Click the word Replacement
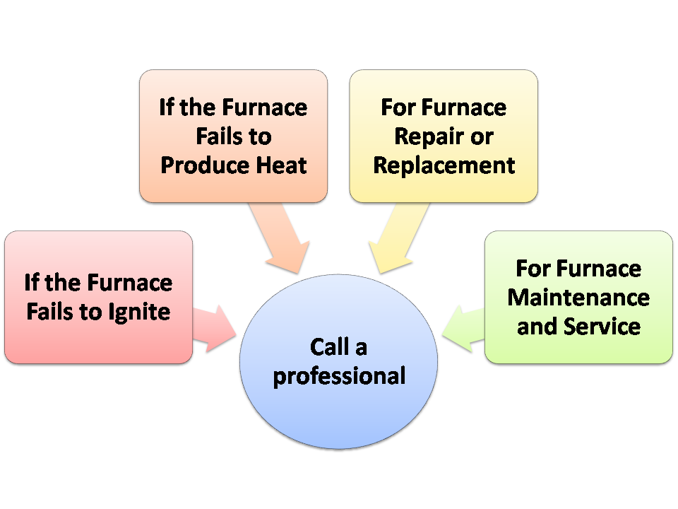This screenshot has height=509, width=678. coord(444,165)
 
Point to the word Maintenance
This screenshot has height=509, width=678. coord(578,298)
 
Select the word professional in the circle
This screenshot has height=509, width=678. coord(339,375)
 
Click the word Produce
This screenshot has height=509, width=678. coord(204,165)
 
